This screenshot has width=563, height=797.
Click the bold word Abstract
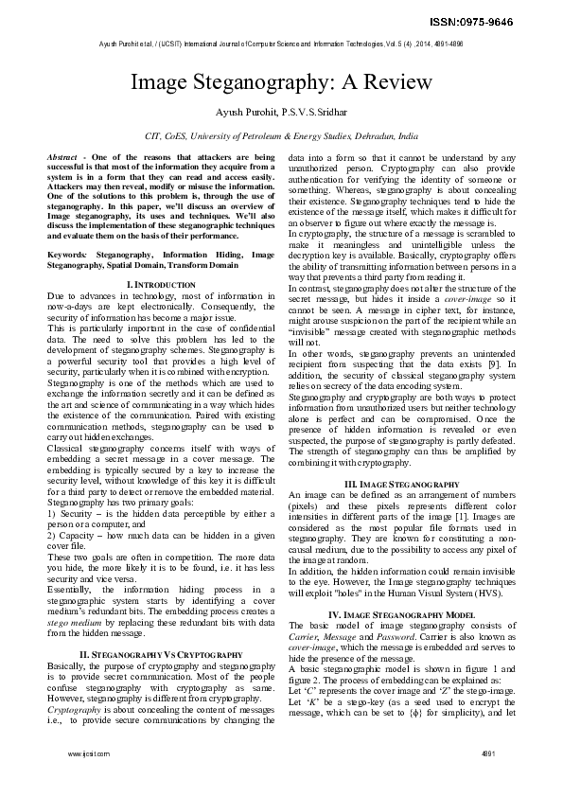(x=64, y=154)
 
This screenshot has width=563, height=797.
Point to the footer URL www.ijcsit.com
(x=88, y=781)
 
